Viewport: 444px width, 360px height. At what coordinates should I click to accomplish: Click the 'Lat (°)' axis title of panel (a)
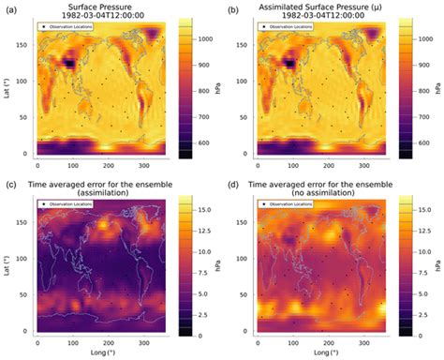point(7,89)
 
